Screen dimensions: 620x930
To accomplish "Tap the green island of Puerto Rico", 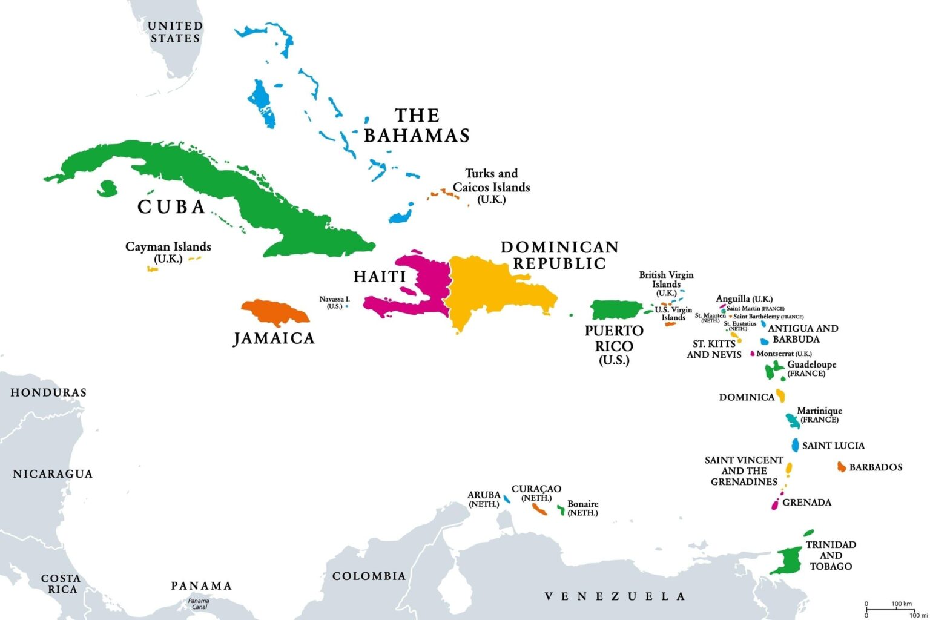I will point(615,310).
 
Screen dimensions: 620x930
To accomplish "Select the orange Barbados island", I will point(841,467).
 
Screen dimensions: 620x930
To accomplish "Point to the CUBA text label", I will point(172,207).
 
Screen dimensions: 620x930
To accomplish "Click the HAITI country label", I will point(380,277).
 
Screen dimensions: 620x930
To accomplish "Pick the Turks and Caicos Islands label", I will point(491,186).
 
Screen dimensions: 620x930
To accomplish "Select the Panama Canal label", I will point(199,604).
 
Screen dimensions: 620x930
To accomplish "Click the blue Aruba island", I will point(507,499).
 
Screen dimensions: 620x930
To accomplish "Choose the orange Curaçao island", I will point(539,509).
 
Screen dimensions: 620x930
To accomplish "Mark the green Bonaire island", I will point(561,510).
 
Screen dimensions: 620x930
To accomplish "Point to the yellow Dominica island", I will point(780,396).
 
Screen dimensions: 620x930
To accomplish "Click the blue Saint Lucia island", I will point(795,445).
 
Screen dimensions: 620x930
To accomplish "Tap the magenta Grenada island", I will point(774,504).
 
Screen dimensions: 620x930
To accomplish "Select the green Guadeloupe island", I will point(772,370).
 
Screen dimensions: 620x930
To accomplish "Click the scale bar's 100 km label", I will point(901,604).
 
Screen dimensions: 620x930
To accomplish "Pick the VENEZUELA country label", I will point(615,596).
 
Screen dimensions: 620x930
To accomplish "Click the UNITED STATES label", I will point(175,32).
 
